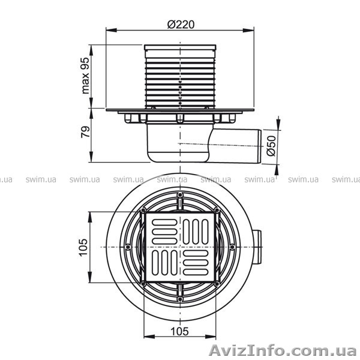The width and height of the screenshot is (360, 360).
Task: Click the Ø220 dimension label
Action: tap(180, 25)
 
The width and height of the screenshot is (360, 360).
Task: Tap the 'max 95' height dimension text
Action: tap(86, 77)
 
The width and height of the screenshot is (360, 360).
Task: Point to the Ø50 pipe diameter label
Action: tap(271, 145)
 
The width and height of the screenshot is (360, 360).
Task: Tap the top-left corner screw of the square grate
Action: tap(143, 210)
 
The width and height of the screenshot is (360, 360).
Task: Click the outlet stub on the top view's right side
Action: tap(257, 247)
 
